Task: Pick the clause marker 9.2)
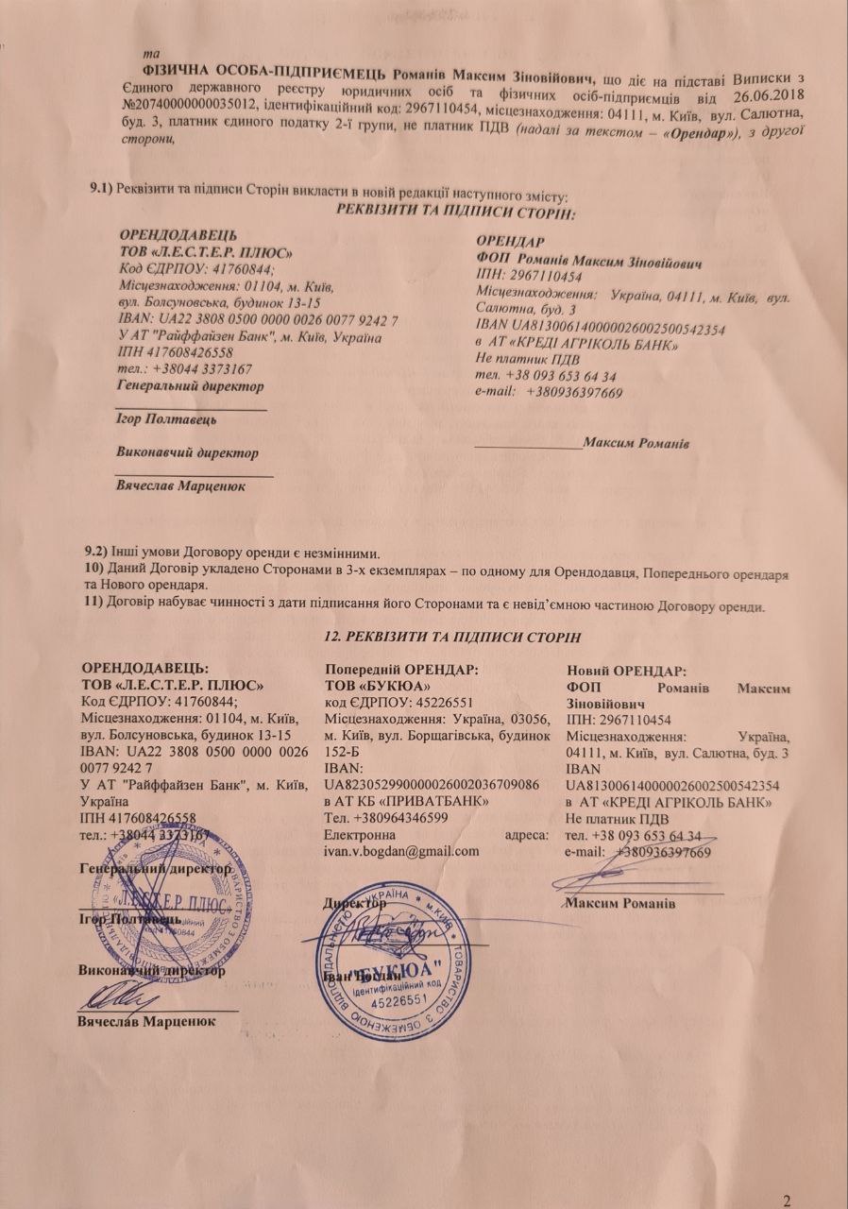96,549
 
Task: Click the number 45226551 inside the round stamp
399,1000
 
